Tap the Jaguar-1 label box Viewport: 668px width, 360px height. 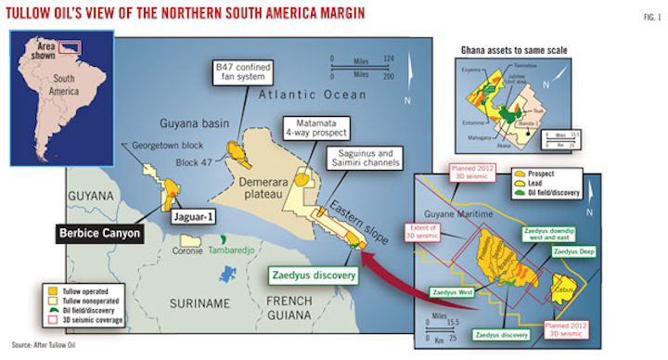197,218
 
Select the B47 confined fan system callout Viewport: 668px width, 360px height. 244,71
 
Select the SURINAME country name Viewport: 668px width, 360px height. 199,302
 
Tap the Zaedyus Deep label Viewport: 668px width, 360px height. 575,251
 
